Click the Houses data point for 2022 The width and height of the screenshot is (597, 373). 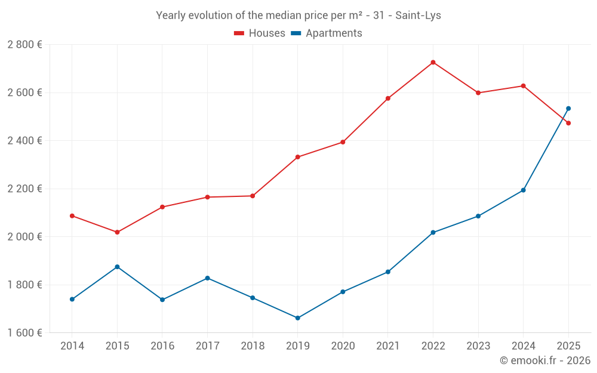[x=433, y=62]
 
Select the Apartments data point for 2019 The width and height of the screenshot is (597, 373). [x=297, y=318]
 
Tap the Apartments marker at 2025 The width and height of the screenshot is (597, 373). [x=568, y=109]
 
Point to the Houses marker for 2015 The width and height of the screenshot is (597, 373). [x=117, y=232]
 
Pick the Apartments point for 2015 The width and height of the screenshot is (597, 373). [x=117, y=267]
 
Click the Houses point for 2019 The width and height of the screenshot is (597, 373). [x=297, y=157]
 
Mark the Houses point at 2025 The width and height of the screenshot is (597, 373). [x=568, y=123]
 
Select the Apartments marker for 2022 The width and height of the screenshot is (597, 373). [x=433, y=232]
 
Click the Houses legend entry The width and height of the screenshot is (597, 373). [x=260, y=33]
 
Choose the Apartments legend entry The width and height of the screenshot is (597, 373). [x=327, y=33]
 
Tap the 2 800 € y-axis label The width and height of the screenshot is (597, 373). [x=24, y=45]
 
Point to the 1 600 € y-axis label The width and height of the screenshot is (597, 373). [x=24, y=332]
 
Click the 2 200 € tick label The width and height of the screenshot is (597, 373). [x=24, y=189]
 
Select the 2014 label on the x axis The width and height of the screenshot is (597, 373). [x=72, y=346]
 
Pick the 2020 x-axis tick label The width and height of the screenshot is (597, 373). [x=343, y=346]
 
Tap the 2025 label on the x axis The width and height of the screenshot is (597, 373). [x=568, y=346]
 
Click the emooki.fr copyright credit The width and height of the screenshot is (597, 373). [x=544, y=360]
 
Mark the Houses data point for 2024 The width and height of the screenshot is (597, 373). [x=523, y=86]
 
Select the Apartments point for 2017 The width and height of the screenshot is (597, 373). [x=207, y=278]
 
